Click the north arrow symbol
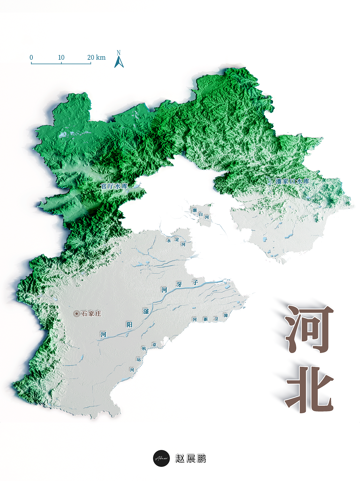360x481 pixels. [x=119, y=62]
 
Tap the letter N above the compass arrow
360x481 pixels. [x=119, y=53]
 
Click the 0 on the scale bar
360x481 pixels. [x=31, y=57]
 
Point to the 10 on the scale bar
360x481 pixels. [x=61, y=57]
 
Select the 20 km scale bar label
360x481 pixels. [x=96, y=57]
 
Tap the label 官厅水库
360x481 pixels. [x=114, y=186]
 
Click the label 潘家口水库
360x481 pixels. [x=292, y=181]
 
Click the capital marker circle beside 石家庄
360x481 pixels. [x=77, y=314]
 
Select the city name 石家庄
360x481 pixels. [x=91, y=314]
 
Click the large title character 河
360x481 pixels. [x=309, y=329]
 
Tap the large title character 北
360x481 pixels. [x=309, y=388]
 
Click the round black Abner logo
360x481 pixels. [x=161, y=458]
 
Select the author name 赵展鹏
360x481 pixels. [x=191, y=459]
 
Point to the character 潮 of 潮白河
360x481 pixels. [x=194, y=210]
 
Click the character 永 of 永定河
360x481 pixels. [x=169, y=240]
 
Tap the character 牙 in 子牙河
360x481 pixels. [x=179, y=285]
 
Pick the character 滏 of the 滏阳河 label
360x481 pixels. [x=146, y=311]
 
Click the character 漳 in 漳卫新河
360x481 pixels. [x=226, y=315]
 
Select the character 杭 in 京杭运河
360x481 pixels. [x=144, y=349]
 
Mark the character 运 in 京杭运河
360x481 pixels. [x=139, y=360]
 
